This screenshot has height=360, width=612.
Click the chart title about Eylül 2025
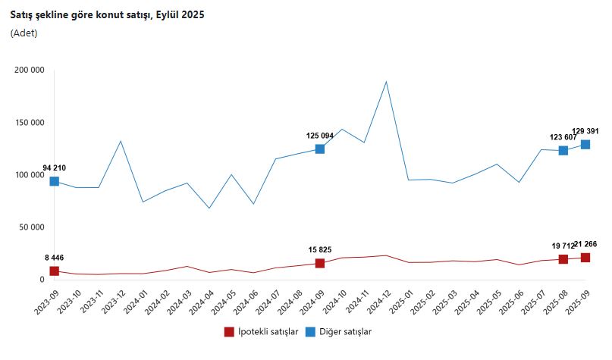(108, 14)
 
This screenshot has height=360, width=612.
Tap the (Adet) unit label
(24, 33)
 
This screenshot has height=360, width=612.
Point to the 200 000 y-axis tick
(30, 70)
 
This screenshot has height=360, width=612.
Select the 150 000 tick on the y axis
(30, 122)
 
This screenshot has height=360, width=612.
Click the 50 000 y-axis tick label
(32, 227)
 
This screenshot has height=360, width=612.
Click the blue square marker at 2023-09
(55, 181)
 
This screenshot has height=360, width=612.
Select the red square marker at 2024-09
(320, 263)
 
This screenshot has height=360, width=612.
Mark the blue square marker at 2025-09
(585, 144)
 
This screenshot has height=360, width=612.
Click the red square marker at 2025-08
(563, 259)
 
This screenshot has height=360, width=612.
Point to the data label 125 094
(320, 136)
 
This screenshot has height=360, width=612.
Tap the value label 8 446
(55, 258)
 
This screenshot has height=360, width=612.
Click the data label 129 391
(585, 131)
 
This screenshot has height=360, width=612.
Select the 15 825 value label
(320, 249)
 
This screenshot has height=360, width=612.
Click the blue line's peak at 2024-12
(386, 81)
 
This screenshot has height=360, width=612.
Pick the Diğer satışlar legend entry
(339, 331)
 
